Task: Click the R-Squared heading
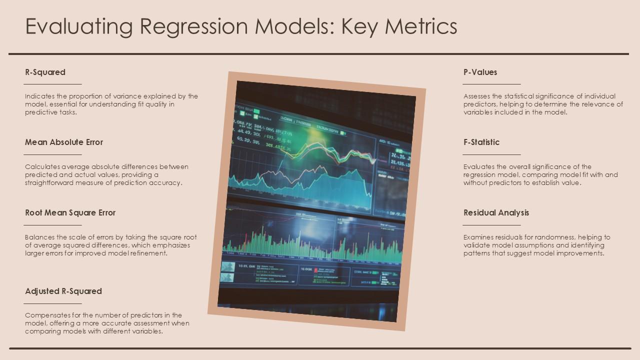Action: pos(45,72)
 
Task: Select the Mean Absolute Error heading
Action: pos(64,142)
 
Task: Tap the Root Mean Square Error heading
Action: pos(70,212)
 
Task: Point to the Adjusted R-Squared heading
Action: pos(63,291)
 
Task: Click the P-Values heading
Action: pos(480,72)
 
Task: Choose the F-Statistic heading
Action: pos(481,142)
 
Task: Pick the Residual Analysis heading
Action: pos(496,212)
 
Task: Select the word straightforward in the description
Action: pos(48,182)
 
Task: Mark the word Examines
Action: pos(478,237)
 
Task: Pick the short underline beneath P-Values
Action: pos(492,84)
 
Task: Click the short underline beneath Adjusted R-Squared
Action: pos(53,303)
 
